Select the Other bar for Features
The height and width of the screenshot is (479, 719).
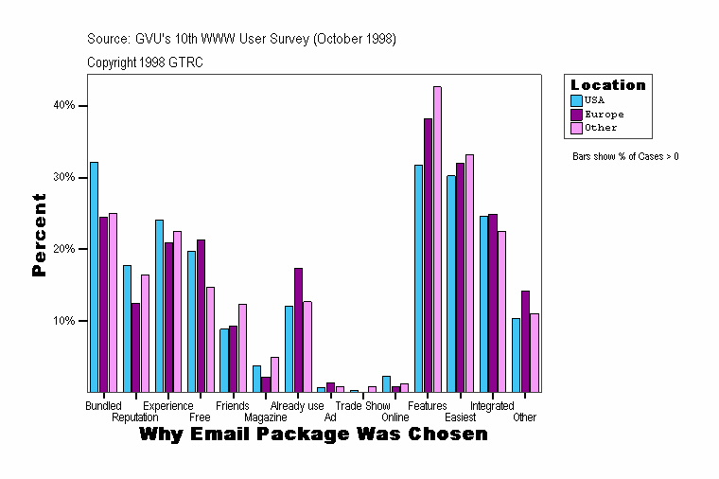[x=437, y=239]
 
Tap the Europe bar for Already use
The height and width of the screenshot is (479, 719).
[x=298, y=329]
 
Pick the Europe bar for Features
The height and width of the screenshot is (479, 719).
[x=428, y=255]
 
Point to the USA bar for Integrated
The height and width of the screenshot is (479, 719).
[x=483, y=304]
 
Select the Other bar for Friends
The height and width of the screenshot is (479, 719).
[x=242, y=347]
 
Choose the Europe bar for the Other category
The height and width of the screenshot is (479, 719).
[x=525, y=341]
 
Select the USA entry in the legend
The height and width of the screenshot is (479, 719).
[x=594, y=99]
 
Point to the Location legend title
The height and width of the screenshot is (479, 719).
[x=607, y=85]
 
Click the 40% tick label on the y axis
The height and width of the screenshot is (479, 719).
[x=63, y=106]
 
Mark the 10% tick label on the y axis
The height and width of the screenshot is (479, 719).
[x=63, y=321]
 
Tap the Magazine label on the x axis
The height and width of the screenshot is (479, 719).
[x=265, y=417]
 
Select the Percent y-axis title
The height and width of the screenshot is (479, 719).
[x=39, y=235]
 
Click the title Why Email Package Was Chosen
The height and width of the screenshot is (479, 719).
[x=313, y=435]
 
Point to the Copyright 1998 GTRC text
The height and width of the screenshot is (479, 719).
[x=145, y=62]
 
